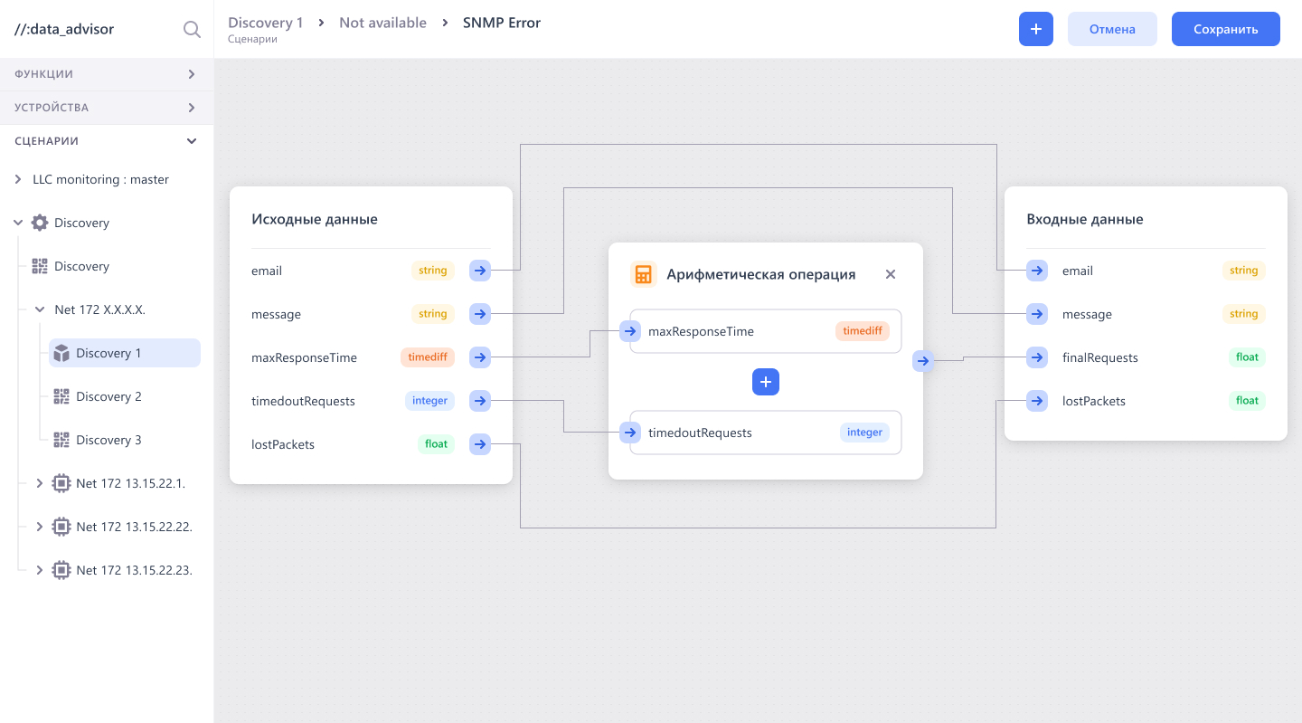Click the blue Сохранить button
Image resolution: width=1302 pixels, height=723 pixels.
[1225, 29]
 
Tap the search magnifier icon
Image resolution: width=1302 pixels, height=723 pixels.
[192, 29]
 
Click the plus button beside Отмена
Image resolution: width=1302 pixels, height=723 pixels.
[1036, 29]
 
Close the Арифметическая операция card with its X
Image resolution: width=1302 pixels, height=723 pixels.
[890, 274]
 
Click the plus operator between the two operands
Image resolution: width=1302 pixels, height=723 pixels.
[766, 382]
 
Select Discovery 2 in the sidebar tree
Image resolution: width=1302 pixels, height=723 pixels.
[108, 396]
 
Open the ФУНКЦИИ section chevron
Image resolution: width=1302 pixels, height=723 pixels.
[192, 74]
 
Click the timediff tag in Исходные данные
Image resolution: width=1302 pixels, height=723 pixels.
[427, 357]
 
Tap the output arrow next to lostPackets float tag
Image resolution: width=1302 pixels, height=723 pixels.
[479, 444]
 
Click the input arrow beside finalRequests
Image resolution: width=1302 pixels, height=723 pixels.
[1037, 357]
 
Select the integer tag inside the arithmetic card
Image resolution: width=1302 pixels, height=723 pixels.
[864, 433]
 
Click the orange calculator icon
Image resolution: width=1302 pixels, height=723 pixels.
[644, 274]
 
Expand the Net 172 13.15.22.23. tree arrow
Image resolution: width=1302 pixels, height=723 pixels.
[40, 570]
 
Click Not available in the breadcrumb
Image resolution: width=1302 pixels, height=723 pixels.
[382, 23]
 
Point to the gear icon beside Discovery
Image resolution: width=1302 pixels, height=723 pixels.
[40, 223]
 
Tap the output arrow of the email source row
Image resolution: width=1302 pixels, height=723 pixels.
[479, 271]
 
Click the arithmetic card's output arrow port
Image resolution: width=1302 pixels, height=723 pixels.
[922, 361]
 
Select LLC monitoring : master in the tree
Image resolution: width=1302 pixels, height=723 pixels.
[100, 179]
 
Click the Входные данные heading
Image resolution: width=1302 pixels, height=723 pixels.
[1085, 219]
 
